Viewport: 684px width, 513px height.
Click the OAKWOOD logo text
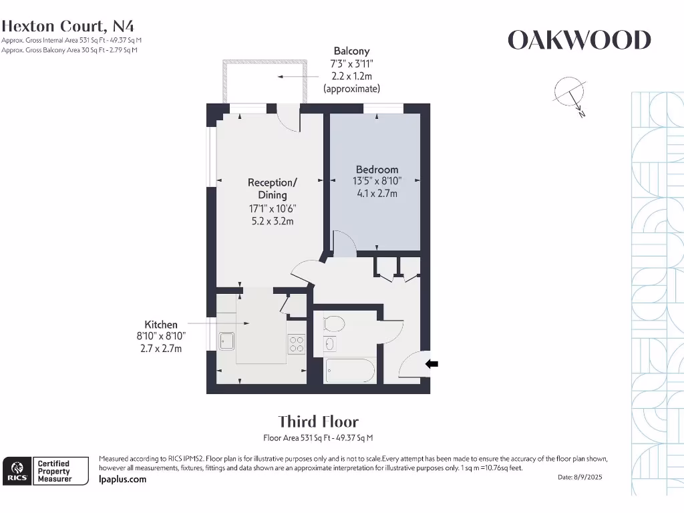[x=579, y=40]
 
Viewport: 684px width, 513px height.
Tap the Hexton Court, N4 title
[x=67, y=26]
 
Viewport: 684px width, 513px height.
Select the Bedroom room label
[x=377, y=169]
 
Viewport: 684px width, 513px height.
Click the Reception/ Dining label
[x=273, y=188]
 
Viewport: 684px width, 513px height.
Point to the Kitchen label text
[x=161, y=325]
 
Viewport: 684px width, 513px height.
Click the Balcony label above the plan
[x=351, y=51]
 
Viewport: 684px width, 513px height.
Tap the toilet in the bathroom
[x=334, y=324]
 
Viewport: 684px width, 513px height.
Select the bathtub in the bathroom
[x=350, y=371]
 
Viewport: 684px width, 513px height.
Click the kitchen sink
[x=227, y=341]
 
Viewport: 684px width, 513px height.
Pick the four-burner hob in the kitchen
[x=297, y=343]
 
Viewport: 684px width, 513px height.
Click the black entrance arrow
[x=432, y=364]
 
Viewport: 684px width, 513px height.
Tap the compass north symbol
[x=570, y=96]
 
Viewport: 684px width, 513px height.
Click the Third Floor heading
[x=319, y=422]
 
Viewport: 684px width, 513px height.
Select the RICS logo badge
[x=17, y=471]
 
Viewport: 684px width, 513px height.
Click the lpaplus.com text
[x=123, y=480]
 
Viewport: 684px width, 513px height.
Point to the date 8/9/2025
[x=589, y=477]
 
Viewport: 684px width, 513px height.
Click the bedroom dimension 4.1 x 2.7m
[x=377, y=193]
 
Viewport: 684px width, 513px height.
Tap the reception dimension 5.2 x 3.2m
[x=273, y=221]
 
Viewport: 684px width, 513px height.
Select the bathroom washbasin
[x=330, y=344]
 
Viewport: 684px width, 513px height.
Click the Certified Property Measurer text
[x=54, y=471]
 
